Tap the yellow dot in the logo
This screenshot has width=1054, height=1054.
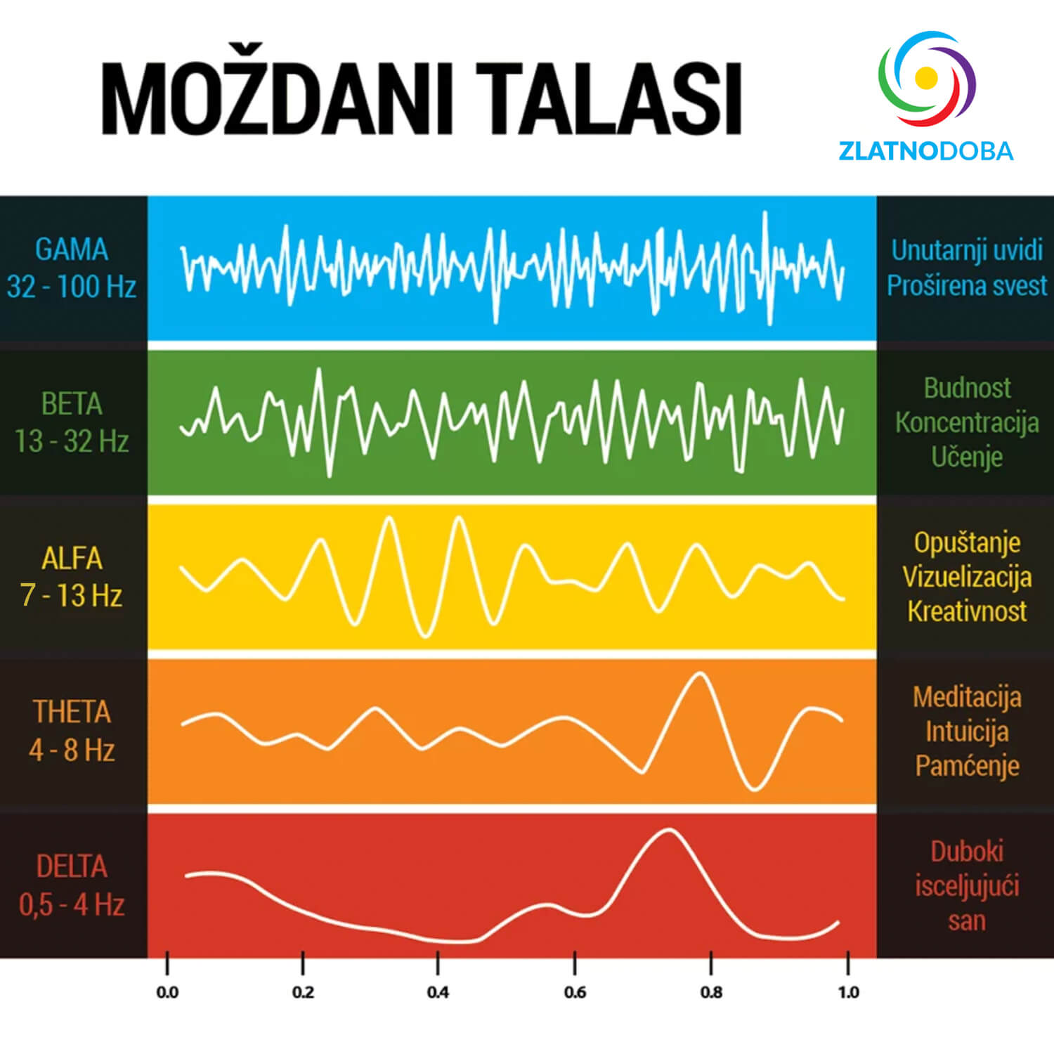point(926,75)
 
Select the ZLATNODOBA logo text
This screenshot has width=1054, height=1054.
point(925,151)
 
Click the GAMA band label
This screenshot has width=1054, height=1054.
point(72,249)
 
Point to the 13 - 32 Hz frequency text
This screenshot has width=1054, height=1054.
point(72,441)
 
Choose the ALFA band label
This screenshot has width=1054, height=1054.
point(72,559)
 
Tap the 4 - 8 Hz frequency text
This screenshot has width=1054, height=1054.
point(72,750)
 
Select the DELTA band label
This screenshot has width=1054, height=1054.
point(72,867)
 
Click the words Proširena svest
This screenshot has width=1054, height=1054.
point(967,286)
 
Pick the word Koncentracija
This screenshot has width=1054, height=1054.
point(967,422)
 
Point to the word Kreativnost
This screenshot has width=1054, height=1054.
point(967,611)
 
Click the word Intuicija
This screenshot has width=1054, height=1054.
point(967,731)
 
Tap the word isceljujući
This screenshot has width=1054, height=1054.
point(967,886)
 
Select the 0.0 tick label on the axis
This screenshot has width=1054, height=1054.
point(167,992)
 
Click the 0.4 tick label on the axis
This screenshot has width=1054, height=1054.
point(438,992)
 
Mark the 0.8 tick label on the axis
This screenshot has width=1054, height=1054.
point(711,992)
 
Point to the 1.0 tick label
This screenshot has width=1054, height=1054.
point(848,992)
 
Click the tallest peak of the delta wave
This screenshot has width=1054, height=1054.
point(668,831)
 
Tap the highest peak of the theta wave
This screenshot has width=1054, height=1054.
point(698,674)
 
